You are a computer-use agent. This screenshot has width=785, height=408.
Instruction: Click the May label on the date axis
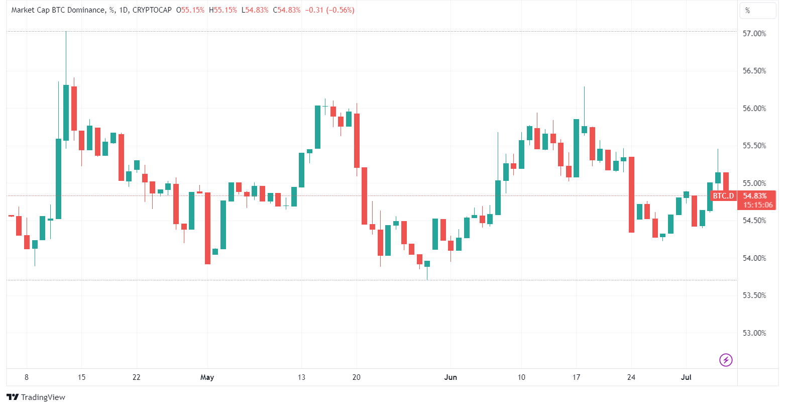pos(207,377)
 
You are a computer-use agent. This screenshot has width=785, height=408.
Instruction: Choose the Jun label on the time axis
pos(451,377)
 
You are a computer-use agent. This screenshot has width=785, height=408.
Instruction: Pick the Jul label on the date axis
pos(686,377)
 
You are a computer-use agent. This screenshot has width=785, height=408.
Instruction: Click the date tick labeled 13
pos(301,377)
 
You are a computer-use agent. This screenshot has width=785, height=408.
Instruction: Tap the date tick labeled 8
pos(27,377)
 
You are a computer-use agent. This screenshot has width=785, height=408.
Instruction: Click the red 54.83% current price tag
pos(756,196)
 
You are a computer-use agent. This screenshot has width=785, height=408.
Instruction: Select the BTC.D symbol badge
pos(723,196)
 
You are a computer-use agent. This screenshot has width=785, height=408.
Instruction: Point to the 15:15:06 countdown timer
pos(756,205)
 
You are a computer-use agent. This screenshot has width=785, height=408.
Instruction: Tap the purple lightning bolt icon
pos(726,360)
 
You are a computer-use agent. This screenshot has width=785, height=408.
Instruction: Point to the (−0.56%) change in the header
pos(340,10)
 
